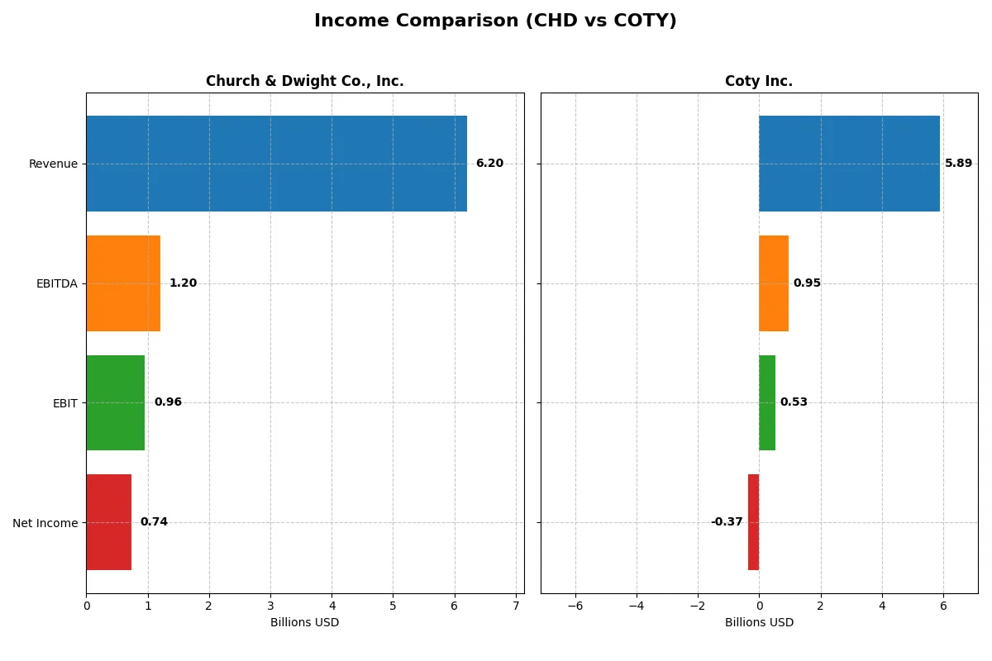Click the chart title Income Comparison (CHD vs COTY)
click(x=495, y=21)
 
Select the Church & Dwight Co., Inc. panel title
click(x=304, y=81)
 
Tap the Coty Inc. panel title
click(x=758, y=81)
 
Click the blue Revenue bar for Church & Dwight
click(x=276, y=164)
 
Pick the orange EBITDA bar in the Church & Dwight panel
click(x=123, y=283)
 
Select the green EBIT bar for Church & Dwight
click(x=116, y=402)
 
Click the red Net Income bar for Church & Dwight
click(x=108, y=522)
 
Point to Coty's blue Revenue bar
click(x=849, y=164)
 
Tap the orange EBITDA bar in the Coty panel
click(x=774, y=283)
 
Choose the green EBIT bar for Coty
click(x=767, y=402)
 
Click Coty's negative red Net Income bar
click(x=753, y=522)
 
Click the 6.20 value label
click(x=489, y=164)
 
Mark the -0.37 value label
click(x=727, y=522)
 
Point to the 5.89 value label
click(x=958, y=164)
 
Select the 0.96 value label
click(x=168, y=402)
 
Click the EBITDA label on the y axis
click(x=56, y=283)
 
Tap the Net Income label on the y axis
click(x=45, y=523)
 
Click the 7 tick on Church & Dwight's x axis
click(x=516, y=606)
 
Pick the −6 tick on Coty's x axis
click(x=575, y=606)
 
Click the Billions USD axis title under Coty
click(x=759, y=622)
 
